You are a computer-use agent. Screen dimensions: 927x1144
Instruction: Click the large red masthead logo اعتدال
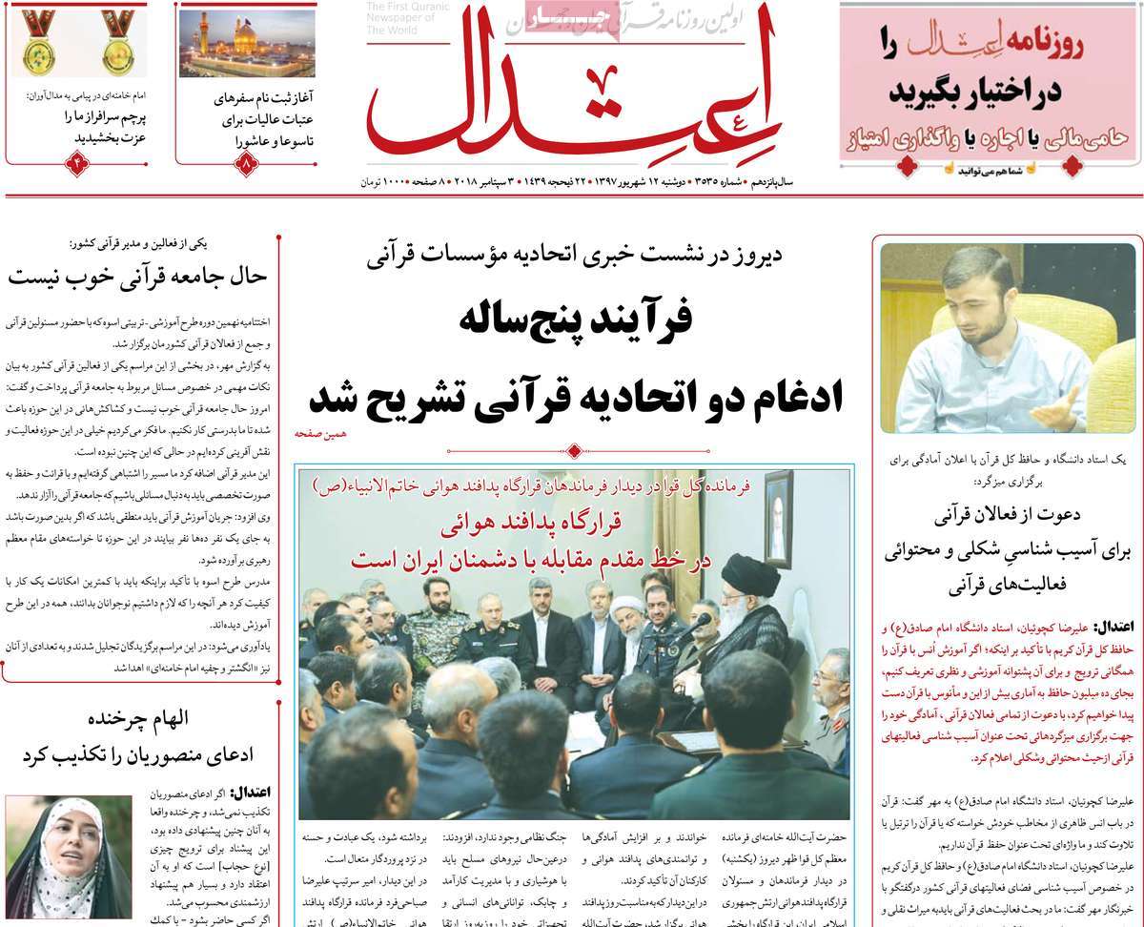tap(572, 100)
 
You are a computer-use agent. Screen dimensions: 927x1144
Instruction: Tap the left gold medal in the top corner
tap(39, 42)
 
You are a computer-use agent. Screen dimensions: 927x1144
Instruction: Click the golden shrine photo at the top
tap(246, 43)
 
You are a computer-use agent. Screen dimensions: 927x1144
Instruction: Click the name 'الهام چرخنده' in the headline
tap(137, 718)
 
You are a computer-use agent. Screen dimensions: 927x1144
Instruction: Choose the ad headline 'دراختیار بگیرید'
tap(982, 93)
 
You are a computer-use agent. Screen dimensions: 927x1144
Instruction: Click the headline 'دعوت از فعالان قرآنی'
tap(1008, 516)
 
